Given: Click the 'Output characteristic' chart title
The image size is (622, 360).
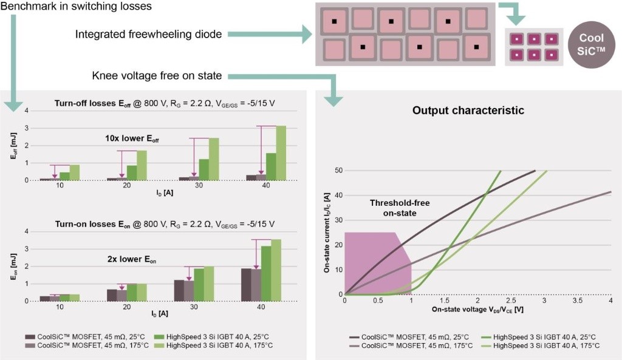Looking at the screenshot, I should point(468,110).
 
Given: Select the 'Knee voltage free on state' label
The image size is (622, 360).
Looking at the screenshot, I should point(157,76).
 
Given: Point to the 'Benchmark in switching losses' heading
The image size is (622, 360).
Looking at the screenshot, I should point(76,7).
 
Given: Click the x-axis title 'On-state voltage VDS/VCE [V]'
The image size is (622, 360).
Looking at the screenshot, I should point(477,310).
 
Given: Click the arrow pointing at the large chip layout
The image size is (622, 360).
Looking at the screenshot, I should point(283,35).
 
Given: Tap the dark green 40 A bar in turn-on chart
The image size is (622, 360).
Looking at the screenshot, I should point(266,273).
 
